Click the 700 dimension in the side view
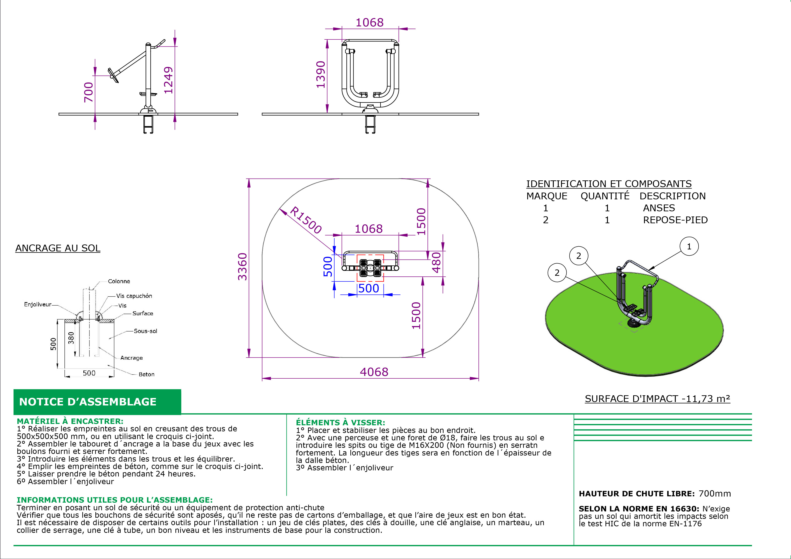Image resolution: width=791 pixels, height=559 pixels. pos(89,92)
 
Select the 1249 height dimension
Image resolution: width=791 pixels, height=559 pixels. pos(168,80)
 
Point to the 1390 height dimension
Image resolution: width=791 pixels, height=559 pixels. pos(321,75)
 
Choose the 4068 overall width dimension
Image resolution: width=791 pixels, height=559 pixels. pos(374,372)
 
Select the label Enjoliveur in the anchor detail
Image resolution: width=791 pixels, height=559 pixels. pos(38,304)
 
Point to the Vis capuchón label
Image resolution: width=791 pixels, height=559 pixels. pos(134,296)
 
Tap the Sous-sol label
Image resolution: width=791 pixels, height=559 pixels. pos(145,331)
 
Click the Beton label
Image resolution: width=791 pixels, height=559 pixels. pos(146,374)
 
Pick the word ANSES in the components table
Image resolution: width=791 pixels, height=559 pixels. pos(659,208)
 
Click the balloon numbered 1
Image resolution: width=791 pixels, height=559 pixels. pos(689,247)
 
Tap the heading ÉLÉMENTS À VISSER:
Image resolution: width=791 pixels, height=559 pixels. pos(340,423)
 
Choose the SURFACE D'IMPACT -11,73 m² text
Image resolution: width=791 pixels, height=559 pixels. pos(657,399)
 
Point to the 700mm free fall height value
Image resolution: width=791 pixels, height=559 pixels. pos(715,494)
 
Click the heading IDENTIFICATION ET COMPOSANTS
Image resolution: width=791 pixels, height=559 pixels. pos(609,184)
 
